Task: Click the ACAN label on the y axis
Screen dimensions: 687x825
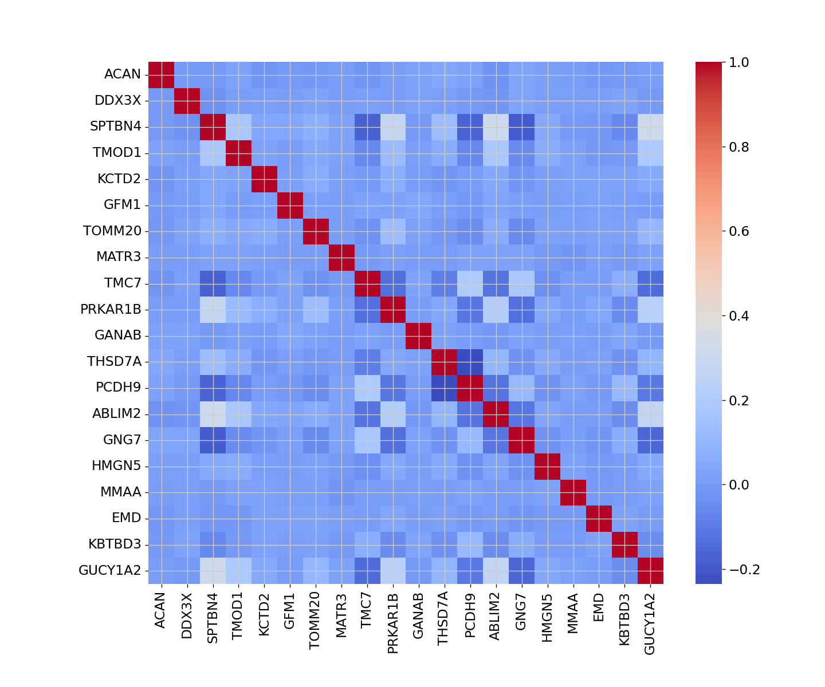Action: (122, 74)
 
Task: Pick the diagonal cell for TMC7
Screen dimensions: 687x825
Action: (367, 283)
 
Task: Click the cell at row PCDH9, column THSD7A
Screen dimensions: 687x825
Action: (445, 388)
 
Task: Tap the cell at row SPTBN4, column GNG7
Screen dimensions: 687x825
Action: (522, 127)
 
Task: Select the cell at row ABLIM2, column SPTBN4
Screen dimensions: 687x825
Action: (213, 414)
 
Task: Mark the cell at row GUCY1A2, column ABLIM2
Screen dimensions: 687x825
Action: (496, 571)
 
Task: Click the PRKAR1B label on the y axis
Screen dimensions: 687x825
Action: (111, 310)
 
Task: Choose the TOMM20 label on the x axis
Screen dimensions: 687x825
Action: (315, 621)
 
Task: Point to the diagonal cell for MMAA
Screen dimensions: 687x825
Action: (573, 492)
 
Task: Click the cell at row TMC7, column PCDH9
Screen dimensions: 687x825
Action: (470, 283)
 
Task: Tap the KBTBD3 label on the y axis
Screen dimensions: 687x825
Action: (115, 544)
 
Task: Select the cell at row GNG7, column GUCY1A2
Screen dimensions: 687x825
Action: (651, 440)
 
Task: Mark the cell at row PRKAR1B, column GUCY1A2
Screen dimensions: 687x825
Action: (651, 310)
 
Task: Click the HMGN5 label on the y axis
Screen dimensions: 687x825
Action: (116, 466)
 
